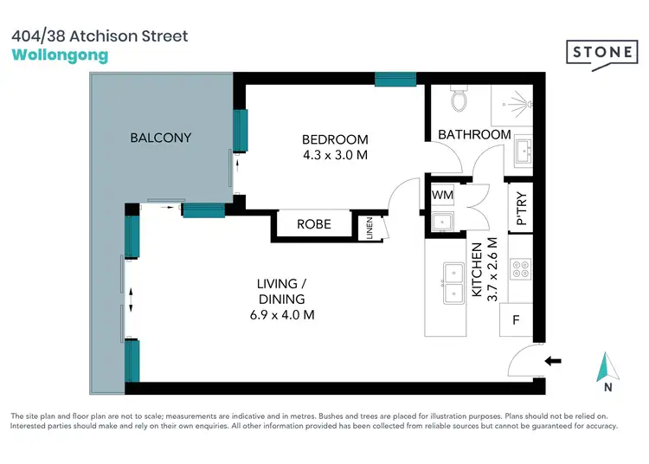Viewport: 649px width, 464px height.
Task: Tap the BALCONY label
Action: pyautogui.click(x=161, y=138)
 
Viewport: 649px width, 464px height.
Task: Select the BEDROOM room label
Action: pyautogui.click(x=334, y=139)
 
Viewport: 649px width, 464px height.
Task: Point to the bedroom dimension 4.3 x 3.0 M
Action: pyautogui.click(x=334, y=156)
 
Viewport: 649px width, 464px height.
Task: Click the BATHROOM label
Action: pyautogui.click(x=474, y=135)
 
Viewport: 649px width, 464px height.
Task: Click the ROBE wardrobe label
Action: pyautogui.click(x=313, y=224)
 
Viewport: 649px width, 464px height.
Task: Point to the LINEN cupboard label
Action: pyautogui.click(x=369, y=229)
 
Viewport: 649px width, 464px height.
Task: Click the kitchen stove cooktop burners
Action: pyautogui.click(x=521, y=269)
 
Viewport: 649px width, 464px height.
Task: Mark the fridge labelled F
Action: pyautogui.click(x=517, y=319)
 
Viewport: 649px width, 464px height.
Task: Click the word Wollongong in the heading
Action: pyautogui.click(x=60, y=55)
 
